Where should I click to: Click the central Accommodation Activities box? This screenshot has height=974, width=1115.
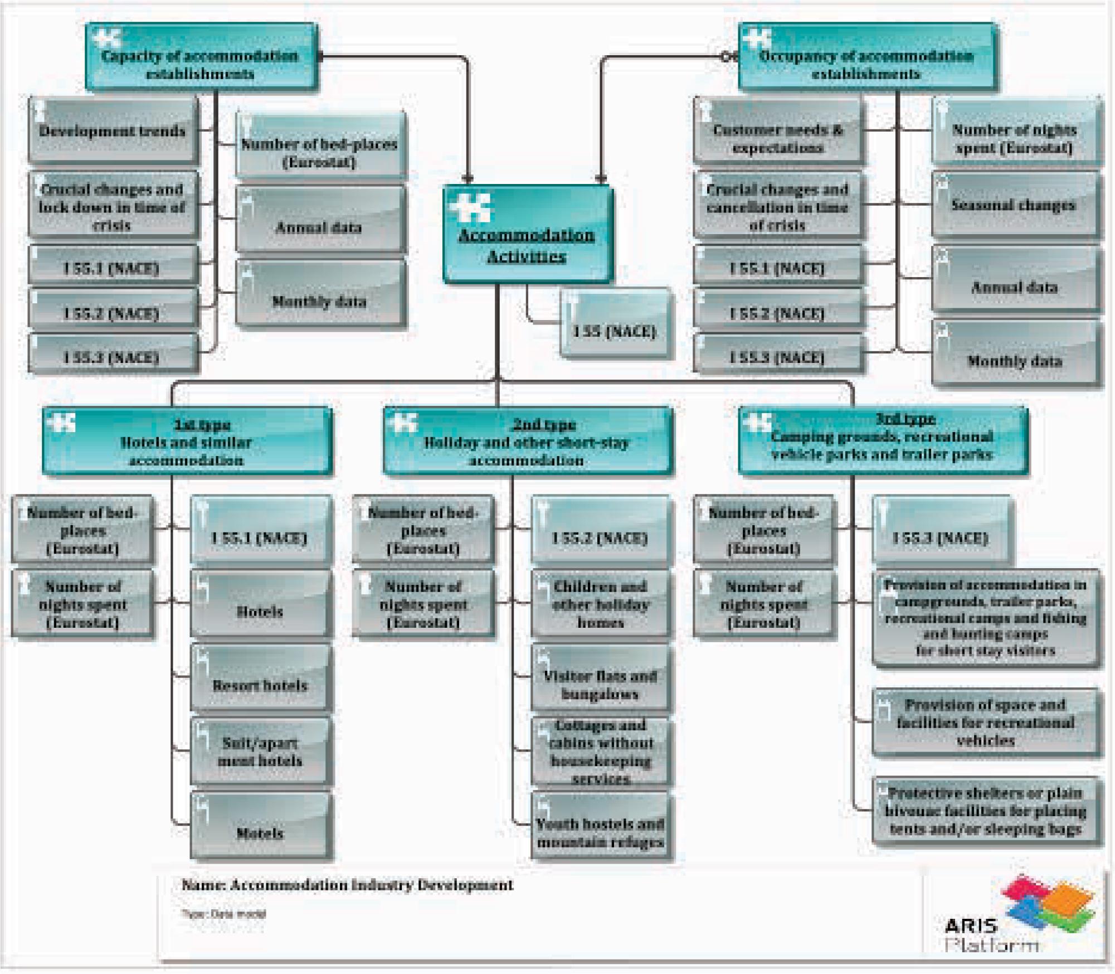tap(527, 234)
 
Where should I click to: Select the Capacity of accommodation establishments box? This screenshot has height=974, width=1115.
tap(201, 57)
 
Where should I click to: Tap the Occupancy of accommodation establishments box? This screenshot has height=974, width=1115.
tap(866, 57)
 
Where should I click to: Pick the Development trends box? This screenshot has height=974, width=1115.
tap(113, 131)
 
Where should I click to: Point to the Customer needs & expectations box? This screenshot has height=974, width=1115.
tap(777, 132)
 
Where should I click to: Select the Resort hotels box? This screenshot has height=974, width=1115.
tap(260, 677)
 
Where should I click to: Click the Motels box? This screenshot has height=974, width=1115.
tap(260, 826)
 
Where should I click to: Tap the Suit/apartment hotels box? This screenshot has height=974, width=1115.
tap(260, 752)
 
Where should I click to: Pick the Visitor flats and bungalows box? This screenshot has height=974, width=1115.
tap(600, 679)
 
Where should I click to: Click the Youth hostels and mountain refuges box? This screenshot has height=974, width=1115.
tap(600, 826)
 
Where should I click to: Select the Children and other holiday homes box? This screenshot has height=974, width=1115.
tap(600, 604)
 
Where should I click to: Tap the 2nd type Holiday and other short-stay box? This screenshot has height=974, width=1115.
tap(527, 442)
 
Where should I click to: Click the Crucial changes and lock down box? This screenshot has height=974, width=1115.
tap(113, 206)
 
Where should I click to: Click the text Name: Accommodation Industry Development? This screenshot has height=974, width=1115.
tap(347, 885)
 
